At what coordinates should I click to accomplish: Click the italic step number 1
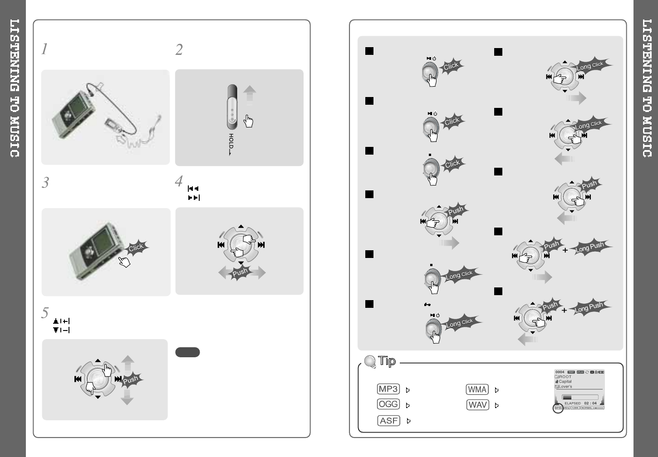[44, 49]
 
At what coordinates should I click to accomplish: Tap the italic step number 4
[179, 181]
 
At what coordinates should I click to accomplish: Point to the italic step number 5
[45, 312]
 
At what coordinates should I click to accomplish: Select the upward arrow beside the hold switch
[250, 96]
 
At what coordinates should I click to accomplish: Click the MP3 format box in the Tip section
[388, 389]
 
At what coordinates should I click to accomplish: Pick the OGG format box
[388, 404]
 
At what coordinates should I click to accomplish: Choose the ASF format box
[389, 421]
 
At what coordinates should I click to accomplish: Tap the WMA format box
[477, 389]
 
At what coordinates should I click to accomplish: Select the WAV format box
[477, 405]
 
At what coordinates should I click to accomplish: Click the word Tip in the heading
[387, 361]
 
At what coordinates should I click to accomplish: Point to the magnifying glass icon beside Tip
[370, 361]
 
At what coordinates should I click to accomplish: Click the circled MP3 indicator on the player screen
[558, 408]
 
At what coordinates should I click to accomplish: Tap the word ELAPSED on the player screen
[573, 403]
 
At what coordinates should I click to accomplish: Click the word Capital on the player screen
[565, 382]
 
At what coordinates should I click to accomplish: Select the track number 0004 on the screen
[560, 372]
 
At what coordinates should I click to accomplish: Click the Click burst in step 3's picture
[136, 248]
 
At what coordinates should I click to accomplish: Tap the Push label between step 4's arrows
[240, 272]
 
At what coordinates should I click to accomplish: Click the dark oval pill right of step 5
[187, 352]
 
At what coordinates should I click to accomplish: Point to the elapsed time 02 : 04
[590, 403]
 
